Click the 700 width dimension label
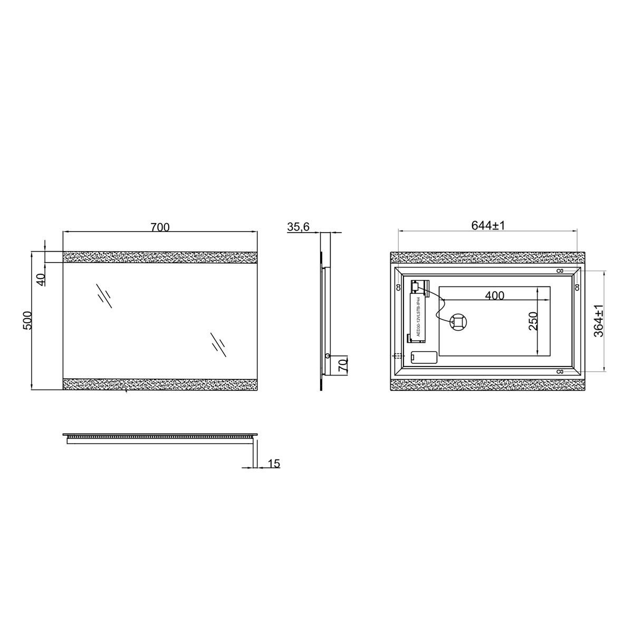coord(160,227)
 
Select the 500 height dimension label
coord(27,320)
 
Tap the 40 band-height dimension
coord(41,280)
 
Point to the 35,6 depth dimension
coord(298,227)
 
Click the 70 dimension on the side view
coord(343,365)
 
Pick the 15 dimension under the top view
coord(274,464)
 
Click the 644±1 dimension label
coord(488,225)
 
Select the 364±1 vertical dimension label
coord(599,321)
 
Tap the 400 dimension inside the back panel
coord(494,295)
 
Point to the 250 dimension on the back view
coord(533,321)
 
